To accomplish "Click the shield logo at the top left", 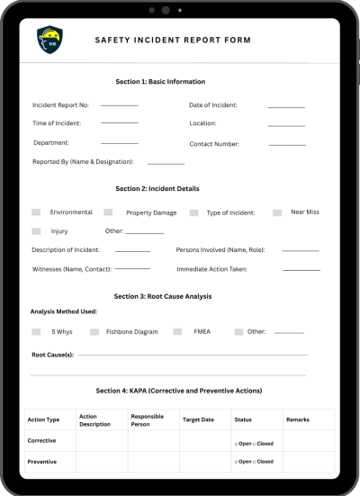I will coord(50,40).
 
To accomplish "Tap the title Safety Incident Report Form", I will coord(173,41).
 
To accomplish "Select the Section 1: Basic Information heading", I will coord(160,82).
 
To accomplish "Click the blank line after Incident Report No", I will coord(119,104).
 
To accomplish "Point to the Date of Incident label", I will coord(213,105).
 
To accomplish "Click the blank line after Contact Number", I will coord(287,144).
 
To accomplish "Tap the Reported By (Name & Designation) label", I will coord(83,162).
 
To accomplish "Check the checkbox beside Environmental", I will coord(36,212).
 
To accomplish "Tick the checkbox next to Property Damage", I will coord(108,212).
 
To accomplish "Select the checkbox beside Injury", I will coord(36,231).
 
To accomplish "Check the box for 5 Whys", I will coord(36,331).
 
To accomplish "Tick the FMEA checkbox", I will coord(177,331).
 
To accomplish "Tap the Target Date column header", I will coord(199,420).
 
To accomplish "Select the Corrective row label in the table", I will coord(42,441).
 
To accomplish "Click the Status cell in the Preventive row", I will coord(256,462).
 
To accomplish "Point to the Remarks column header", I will coord(297,420).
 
